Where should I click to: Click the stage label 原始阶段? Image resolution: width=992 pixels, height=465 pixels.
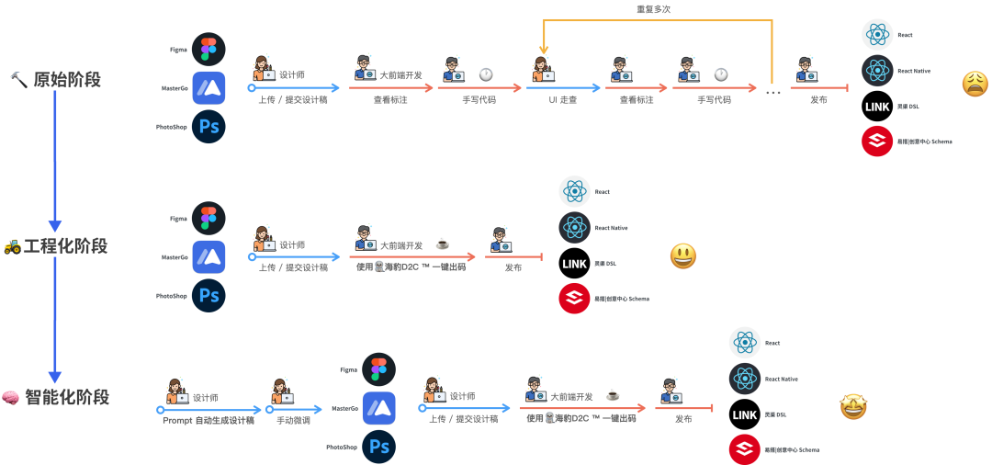(67, 80)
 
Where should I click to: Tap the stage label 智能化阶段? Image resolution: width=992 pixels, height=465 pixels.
(67, 397)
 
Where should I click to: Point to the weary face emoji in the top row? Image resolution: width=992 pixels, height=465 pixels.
(975, 85)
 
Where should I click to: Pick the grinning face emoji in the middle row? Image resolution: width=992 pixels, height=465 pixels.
(682, 256)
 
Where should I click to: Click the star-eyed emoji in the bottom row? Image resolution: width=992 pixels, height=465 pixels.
(853, 407)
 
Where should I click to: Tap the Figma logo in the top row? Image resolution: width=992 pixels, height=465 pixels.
(209, 49)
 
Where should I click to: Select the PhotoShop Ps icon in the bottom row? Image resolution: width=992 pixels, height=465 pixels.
(378, 447)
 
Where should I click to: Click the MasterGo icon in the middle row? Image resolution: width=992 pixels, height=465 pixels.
(209, 257)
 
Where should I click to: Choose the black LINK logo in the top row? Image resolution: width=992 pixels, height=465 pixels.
(877, 107)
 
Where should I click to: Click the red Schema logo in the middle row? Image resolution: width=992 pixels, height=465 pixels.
(574, 299)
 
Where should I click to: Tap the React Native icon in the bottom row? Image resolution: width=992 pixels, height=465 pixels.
(745, 379)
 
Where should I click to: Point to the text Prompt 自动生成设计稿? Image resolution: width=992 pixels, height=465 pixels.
(209, 420)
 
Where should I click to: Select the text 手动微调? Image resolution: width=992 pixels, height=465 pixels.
(294, 420)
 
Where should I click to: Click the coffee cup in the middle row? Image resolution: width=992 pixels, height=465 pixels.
(442, 244)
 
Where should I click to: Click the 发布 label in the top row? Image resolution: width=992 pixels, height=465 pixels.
(818, 99)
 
